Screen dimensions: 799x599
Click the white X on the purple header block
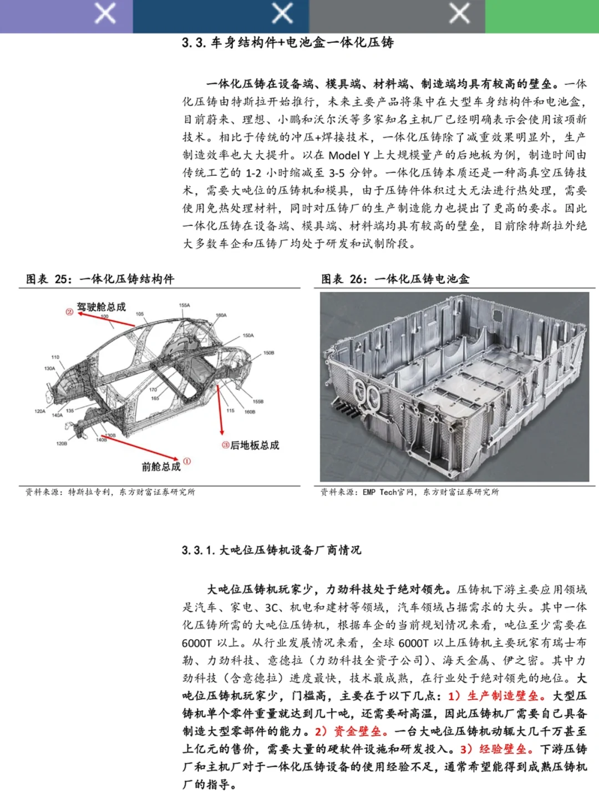click(x=105, y=13)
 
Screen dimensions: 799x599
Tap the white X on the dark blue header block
click(x=282, y=13)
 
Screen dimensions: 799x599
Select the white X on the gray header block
click(x=460, y=13)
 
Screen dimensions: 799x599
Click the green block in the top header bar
click(x=542, y=16)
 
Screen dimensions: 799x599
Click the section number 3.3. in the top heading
click(x=194, y=43)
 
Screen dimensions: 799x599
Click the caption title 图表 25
click(x=49, y=279)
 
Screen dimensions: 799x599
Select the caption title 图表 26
click(x=344, y=279)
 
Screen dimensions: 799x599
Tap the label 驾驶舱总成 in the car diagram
click(x=101, y=307)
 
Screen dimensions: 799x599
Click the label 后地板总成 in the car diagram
click(x=255, y=445)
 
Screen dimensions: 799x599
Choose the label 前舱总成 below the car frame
click(x=161, y=467)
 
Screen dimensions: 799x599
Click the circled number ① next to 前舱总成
click(x=187, y=462)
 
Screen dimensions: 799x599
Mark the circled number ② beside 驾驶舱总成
click(x=69, y=311)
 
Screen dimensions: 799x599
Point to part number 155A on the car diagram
click(x=184, y=305)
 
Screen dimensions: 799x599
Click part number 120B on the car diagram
click(x=61, y=443)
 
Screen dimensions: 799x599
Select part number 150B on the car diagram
click(x=268, y=353)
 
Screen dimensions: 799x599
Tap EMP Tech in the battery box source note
click(x=380, y=492)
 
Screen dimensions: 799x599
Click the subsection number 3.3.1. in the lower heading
click(x=198, y=550)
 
